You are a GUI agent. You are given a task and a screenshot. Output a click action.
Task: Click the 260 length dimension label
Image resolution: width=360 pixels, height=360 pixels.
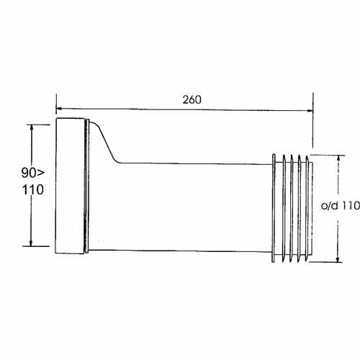pyautogui.click(x=192, y=99)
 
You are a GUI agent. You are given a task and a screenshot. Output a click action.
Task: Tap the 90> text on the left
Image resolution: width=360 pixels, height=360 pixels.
pyautogui.click(x=33, y=173)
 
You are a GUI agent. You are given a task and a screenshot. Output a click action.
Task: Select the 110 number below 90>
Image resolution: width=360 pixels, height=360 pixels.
pyautogui.click(x=33, y=190)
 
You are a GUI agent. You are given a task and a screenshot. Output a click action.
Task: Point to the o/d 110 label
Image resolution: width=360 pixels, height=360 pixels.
pyautogui.click(x=341, y=206)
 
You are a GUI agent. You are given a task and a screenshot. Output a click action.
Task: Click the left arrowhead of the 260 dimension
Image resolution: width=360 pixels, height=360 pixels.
pyautogui.click(x=59, y=109)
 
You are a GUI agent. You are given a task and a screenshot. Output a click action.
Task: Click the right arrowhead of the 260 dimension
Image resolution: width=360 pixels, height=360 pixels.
pyautogui.click(x=310, y=111)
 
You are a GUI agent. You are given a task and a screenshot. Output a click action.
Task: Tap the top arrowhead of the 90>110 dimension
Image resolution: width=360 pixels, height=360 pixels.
pyautogui.click(x=31, y=128)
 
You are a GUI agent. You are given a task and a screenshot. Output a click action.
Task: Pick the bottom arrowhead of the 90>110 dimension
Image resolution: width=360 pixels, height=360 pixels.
pyautogui.click(x=31, y=243)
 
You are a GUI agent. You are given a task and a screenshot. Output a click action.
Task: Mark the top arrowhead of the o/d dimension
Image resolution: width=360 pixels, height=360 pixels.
pyautogui.click(x=338, y=158)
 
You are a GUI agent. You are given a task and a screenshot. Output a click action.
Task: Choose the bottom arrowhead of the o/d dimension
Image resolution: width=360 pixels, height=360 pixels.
pyautogui.click(x=338, y=259)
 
